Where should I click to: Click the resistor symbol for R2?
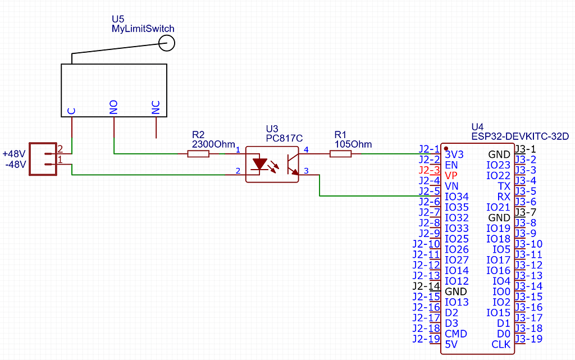(198, 153)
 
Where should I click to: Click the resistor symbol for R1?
(340, 153)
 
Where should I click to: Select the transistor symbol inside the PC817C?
(292, 163)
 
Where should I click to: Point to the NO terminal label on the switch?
(114, 107)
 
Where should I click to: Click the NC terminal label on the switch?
(156, 107)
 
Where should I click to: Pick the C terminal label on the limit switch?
(72, 111)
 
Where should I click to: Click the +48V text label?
(14, 153)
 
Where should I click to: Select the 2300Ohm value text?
(213, 144)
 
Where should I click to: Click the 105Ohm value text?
(353, 144)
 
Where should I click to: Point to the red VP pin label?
(451, 175)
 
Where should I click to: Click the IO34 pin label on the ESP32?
(457, 197)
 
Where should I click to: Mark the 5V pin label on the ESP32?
(451, 344)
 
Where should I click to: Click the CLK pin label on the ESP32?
(501, 344)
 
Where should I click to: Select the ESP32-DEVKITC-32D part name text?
(520, 136)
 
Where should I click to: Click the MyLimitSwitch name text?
(143, 29)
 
